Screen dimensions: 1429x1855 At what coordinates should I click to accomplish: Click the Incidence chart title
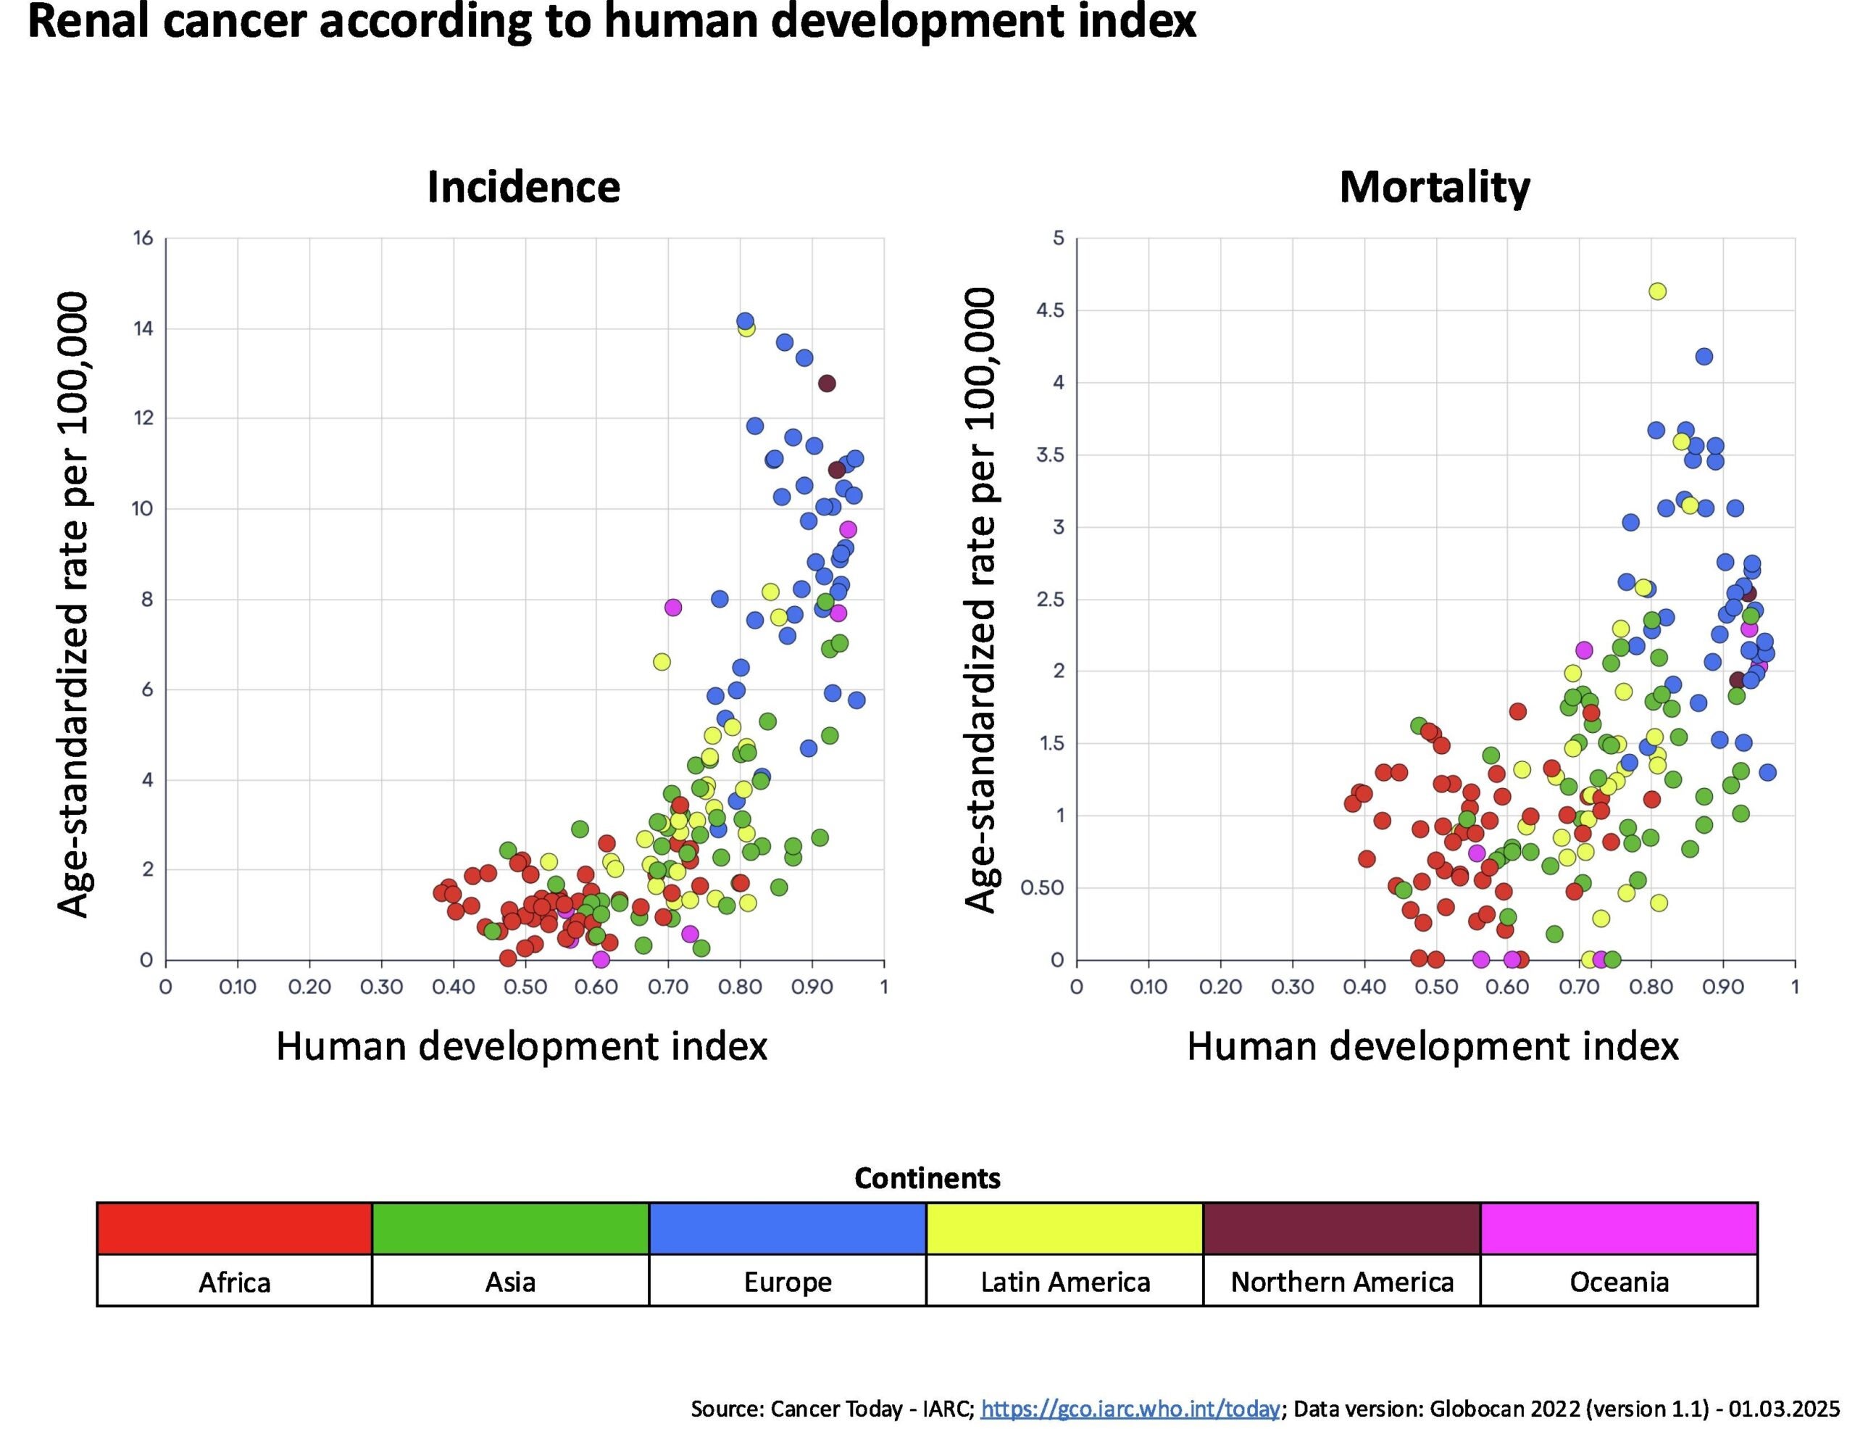(x=523, y=187)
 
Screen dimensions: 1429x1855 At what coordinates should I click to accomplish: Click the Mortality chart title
(x=1435, y=187)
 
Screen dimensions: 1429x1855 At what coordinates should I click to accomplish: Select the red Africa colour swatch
(x=235, y=1228)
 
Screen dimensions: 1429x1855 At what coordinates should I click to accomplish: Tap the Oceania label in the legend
(x=1619, y=1281)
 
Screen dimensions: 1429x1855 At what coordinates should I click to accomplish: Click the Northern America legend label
(x=1342, y=1281)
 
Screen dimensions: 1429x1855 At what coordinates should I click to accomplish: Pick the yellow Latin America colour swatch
(x=1064, y=1228)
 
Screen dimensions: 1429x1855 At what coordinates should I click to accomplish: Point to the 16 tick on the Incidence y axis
(x=143, y=238)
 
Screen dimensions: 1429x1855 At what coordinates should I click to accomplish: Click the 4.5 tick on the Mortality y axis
(x=1050, y=310)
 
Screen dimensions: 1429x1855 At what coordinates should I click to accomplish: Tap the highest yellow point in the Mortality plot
(x=1657, y=291)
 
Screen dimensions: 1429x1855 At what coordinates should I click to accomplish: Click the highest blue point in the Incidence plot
(x=745, y=321)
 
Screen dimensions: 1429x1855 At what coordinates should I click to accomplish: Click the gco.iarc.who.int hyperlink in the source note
(x=1130, y=1409)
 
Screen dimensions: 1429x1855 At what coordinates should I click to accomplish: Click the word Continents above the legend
(x=927, y=1178)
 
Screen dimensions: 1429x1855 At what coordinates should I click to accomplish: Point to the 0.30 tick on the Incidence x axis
(x=381, y=987)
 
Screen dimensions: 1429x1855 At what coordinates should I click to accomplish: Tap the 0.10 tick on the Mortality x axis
(x=1149, y=987)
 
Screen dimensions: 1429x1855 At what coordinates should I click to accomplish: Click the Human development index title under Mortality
(x=1432, y=1046)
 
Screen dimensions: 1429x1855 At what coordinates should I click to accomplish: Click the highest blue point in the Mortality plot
(x=1704, y=356)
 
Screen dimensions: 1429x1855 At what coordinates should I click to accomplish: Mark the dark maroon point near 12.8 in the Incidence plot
(x=827, y=383)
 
